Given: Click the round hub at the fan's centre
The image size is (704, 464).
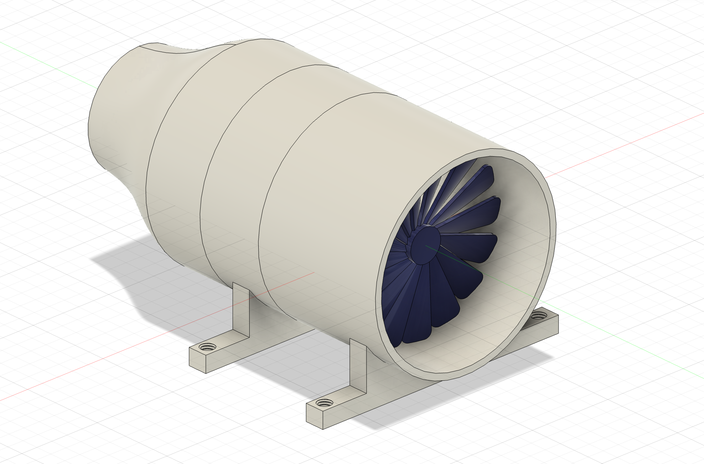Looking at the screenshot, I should [425, 246].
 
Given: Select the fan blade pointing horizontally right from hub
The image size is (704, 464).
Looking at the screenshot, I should [470, 247].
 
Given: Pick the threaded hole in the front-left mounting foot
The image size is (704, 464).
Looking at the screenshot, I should [324, 403].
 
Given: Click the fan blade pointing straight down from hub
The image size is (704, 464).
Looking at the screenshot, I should [417, 306].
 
